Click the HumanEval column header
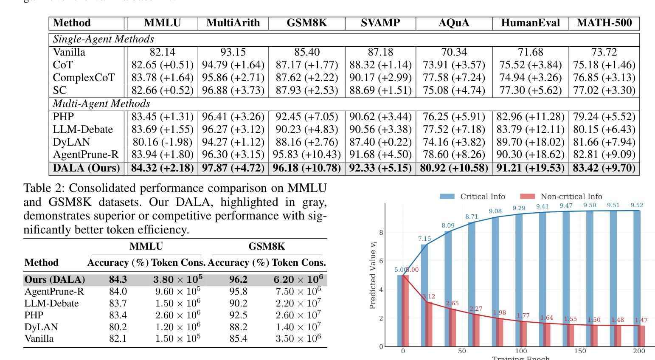(x=530, y=23)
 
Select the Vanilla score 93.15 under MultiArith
(x=233, y=52)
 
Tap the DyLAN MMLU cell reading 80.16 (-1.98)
(x=162, y=142)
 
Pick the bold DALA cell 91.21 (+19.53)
(x=530, y=168)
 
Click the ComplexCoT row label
(x=84, y=78)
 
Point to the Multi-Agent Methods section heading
(x=101, y=104)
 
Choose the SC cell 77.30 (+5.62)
(x=530, y=90)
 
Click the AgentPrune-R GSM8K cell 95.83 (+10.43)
(x=306, y=155)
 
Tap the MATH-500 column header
(x=604, y=23)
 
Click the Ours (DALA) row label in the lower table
(x=55, y=280)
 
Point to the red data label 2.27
(x=476, y=309)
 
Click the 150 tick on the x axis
(x=580, y=351)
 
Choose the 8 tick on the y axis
(x=381, y=233)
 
